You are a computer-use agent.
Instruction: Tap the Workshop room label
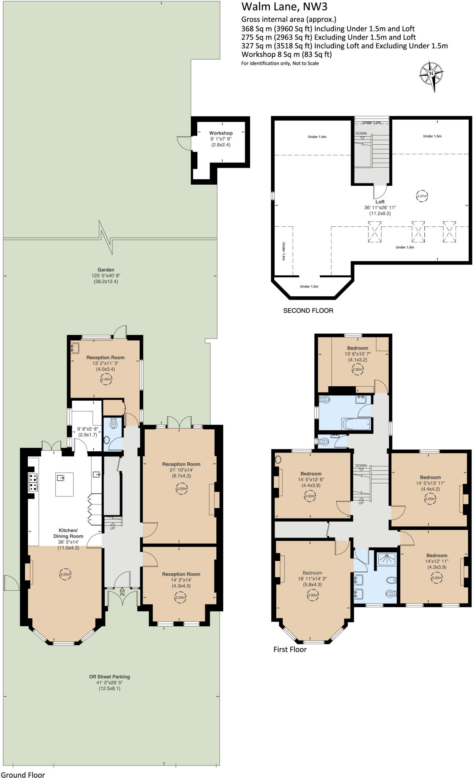(220, 133)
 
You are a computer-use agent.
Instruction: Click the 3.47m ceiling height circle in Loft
(422, 196)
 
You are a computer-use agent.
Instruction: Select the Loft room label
(380, 202)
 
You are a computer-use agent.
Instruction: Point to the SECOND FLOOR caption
(308, 311)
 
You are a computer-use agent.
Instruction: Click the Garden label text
(106, 270)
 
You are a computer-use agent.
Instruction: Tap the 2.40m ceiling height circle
(106, 379)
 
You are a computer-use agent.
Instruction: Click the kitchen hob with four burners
(33, 482)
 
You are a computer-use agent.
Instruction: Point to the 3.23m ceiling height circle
(180, 598)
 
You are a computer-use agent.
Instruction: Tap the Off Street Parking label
(109, 677)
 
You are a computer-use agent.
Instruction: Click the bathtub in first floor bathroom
(356, 424)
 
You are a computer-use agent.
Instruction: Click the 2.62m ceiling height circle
(357, 369)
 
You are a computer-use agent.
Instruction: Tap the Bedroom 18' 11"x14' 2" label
(312, 573)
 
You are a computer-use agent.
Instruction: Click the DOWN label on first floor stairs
(361, 466)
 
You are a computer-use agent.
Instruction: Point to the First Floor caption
(290, 650)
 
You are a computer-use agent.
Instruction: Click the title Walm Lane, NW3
(284, 7)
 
